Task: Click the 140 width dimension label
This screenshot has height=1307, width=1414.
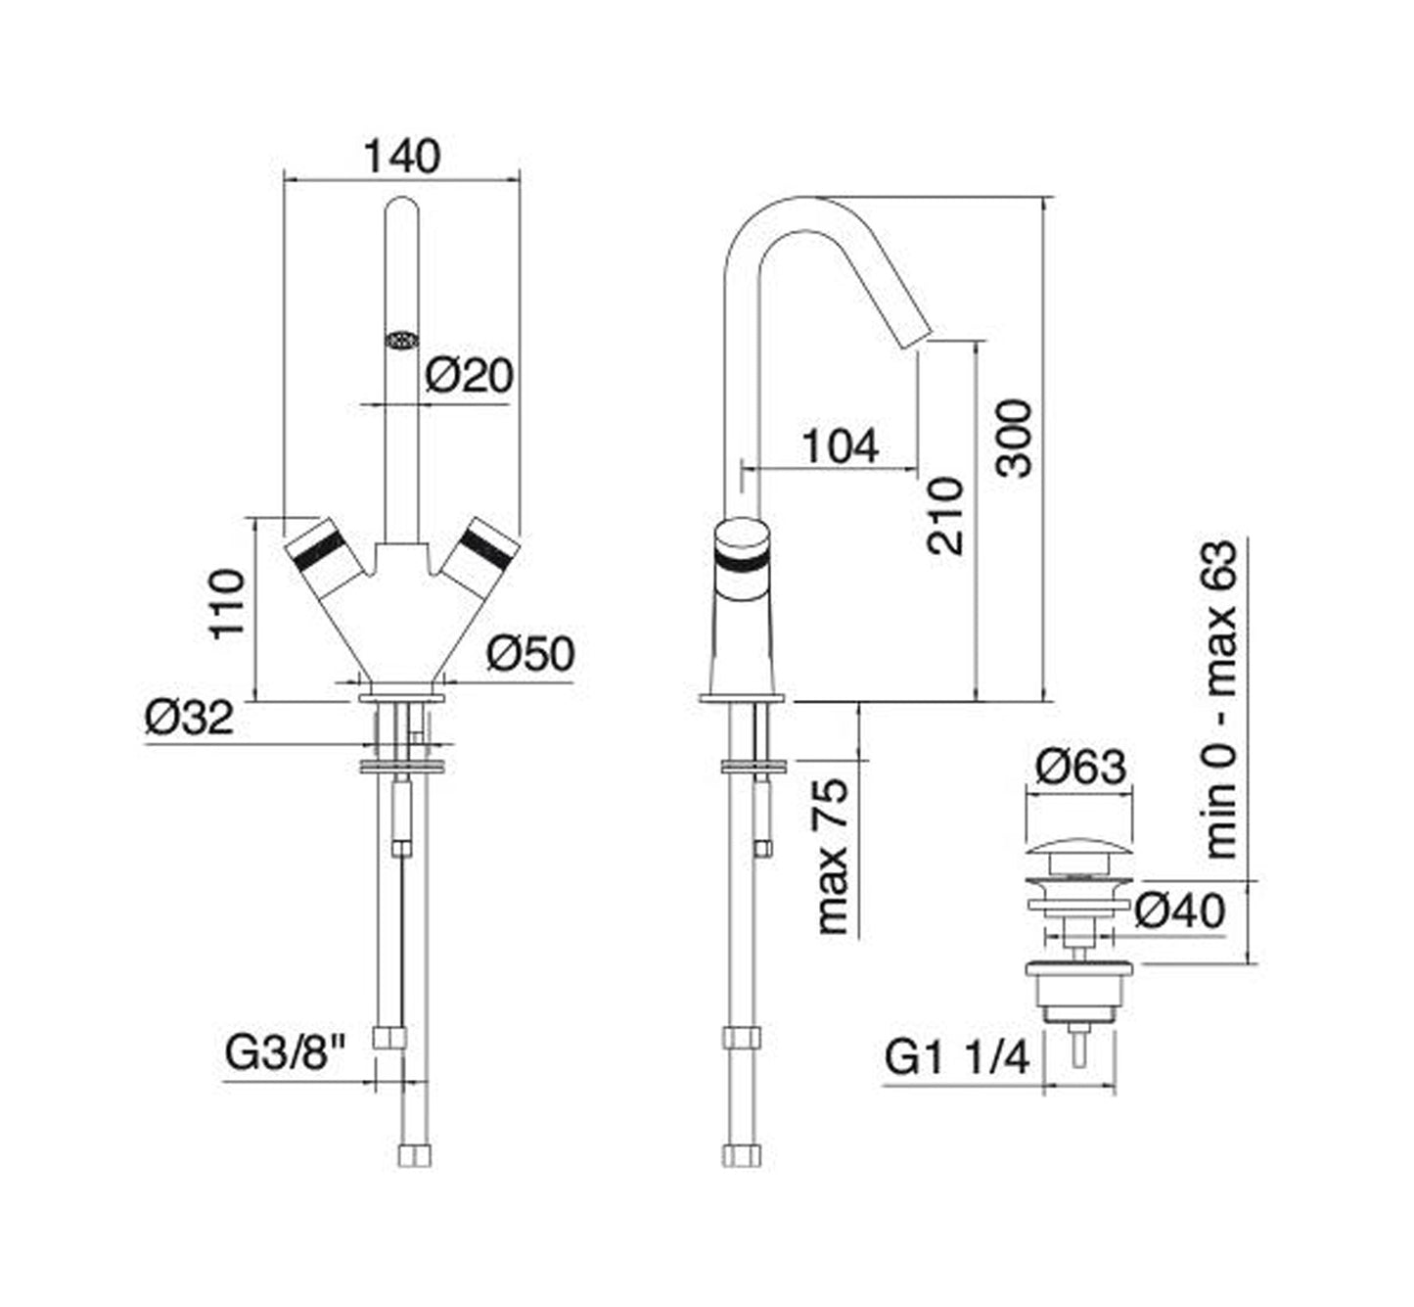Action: pos(402,157)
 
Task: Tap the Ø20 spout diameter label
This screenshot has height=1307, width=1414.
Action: pos(469,374)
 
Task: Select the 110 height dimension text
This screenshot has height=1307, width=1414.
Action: pos(226,604)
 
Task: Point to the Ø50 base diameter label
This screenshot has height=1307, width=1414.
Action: pos(529,654)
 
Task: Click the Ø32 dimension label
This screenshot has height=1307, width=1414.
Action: pos(190,718)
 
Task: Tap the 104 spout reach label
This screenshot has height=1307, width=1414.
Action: pos(840,446)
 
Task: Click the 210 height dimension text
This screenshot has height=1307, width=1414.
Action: pos(946,516)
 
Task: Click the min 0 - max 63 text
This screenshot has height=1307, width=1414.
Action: pos(1220,699)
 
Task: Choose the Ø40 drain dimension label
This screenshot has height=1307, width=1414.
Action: pos(1180,911)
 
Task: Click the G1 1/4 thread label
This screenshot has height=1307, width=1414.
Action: pos(957,1058)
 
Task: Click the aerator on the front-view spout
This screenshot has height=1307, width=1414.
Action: pos(401,340)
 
